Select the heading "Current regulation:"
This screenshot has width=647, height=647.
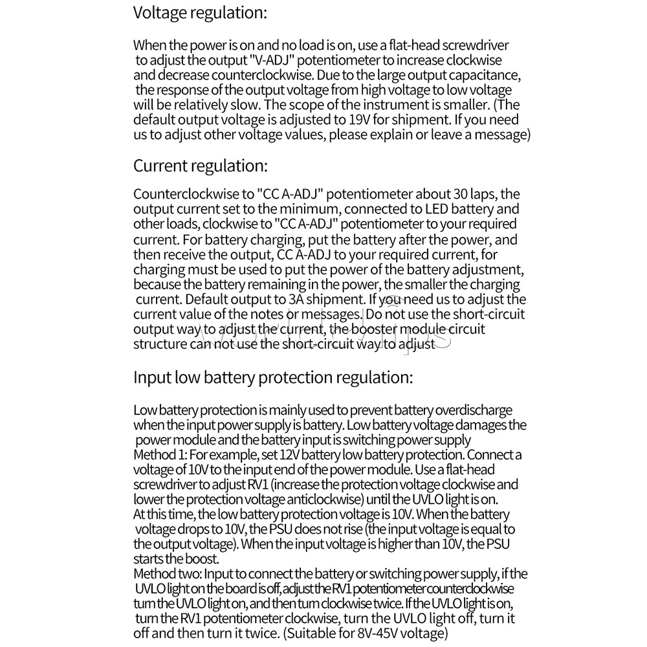200,166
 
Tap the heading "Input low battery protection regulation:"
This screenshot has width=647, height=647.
272,378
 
